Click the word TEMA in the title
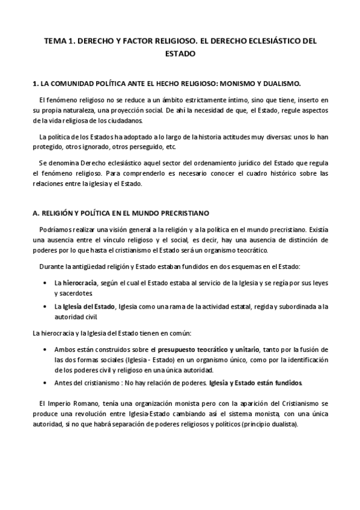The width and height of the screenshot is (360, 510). pyautogui.click(x=58, y=40)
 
